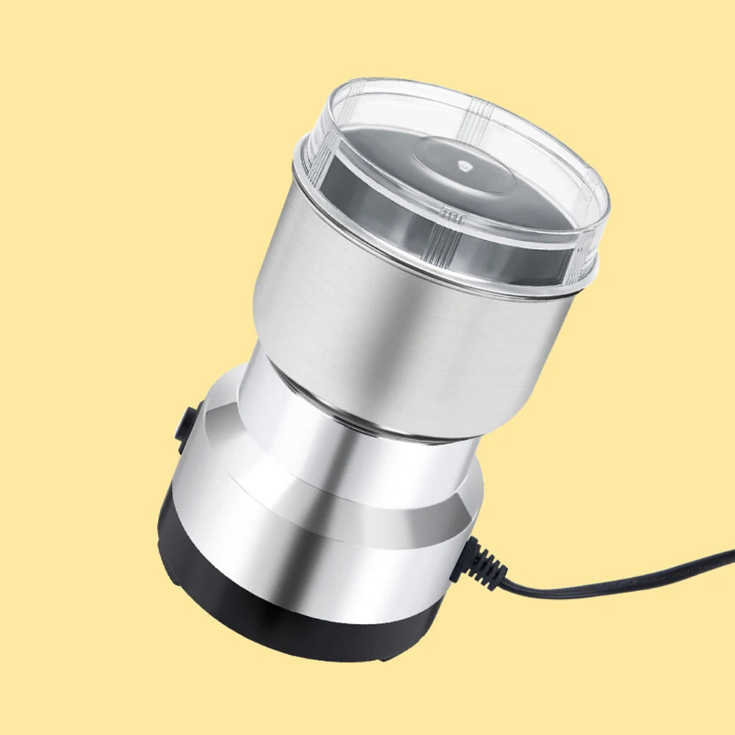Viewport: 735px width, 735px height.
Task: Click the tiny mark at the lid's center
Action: pos(463,166)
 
